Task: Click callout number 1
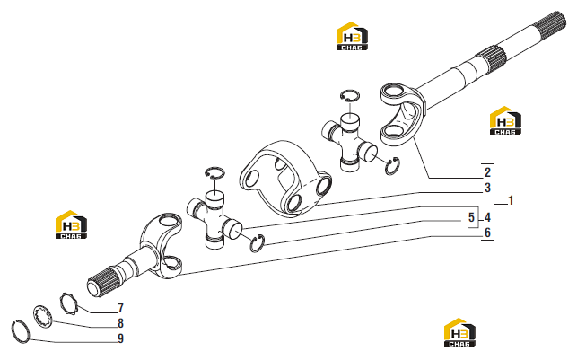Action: tap(511, 201)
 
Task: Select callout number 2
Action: tap(487, 172)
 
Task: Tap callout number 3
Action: tap(487, 188)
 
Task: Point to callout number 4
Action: tap(487, 217)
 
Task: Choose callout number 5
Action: tap(471, 217)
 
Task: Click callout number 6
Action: tap(487, 233)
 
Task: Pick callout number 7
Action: tap(120, 308)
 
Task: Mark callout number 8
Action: tap(120, 323)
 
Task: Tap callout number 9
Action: tap(120, 338)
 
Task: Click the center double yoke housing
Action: tap(284, 179)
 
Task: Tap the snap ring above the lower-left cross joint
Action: tap(214, 172)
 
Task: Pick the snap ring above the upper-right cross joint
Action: tap(350, 95)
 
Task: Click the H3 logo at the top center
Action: tap(352, 36)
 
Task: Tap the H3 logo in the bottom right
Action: tap(459, 332)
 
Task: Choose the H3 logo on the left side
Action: tap(71, 224)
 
